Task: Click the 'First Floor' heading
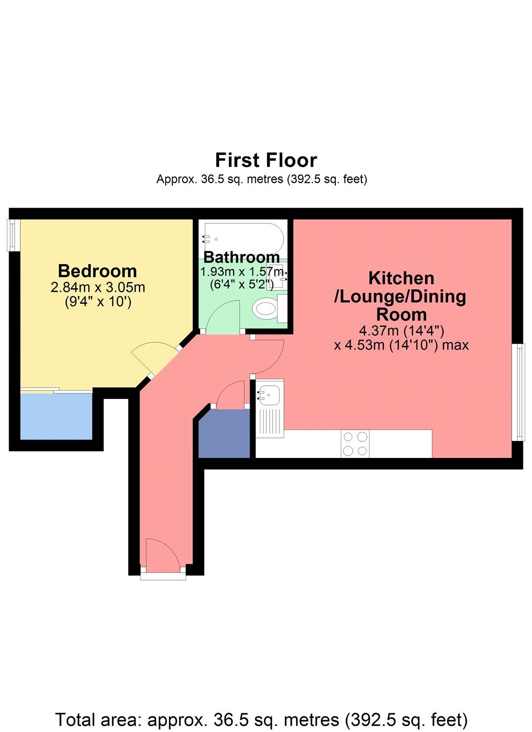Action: [266, 161]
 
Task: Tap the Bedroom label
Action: [97, 271]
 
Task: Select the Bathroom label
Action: [242, 257]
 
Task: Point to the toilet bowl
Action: [265, 308]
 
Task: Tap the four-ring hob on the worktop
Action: [355, 444]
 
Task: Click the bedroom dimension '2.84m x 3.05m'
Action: [97, 288]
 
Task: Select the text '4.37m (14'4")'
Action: [402, 330]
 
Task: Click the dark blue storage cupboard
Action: [224, 433]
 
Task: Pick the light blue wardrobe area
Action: [56, 416]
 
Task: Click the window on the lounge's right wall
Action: [519, 392]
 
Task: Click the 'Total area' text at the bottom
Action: [261, 720]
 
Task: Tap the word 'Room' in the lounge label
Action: [401, 315]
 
